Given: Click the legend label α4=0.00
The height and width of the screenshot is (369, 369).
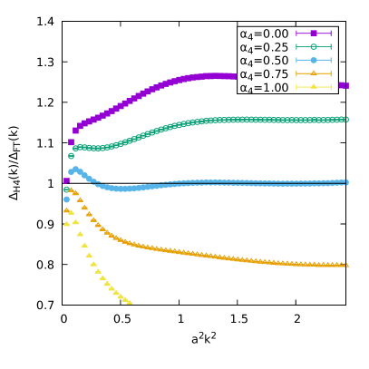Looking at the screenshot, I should coord(264,34).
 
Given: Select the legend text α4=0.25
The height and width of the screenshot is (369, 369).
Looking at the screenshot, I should coord(264,47).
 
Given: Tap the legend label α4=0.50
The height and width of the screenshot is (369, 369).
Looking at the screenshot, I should coord(264,61).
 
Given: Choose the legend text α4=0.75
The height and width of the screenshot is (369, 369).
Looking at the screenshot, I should coord(264,74).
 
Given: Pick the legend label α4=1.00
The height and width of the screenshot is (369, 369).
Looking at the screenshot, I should coord(264,88).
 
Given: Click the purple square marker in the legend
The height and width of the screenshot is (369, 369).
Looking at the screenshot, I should coord(314,34).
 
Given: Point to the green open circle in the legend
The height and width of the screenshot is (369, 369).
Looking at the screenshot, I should coord(314,47).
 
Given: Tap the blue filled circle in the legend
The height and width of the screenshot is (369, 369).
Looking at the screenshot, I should coord(314,61).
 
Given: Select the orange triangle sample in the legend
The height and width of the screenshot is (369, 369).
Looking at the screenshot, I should coord(314,74).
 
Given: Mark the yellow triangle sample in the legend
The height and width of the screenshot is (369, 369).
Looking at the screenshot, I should coord(314,88).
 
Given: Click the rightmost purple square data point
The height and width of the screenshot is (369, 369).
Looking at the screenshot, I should coord(345,85).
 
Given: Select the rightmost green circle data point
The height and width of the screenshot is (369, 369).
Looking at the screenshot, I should coord(345,119).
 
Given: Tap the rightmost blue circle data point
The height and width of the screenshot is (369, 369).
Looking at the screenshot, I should coord(345,182).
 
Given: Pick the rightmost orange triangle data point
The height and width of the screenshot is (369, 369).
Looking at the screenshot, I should coord(345,265).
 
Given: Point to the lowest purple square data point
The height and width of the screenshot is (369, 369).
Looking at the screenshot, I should coord(66,180).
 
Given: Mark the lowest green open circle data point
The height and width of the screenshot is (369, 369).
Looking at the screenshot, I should coord(66,189).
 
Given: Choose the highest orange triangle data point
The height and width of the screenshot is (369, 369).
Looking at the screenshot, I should coord(71,190).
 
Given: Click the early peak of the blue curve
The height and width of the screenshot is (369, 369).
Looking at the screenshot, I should coord(75,169).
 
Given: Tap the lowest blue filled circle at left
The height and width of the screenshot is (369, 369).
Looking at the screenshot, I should coord(66,199).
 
